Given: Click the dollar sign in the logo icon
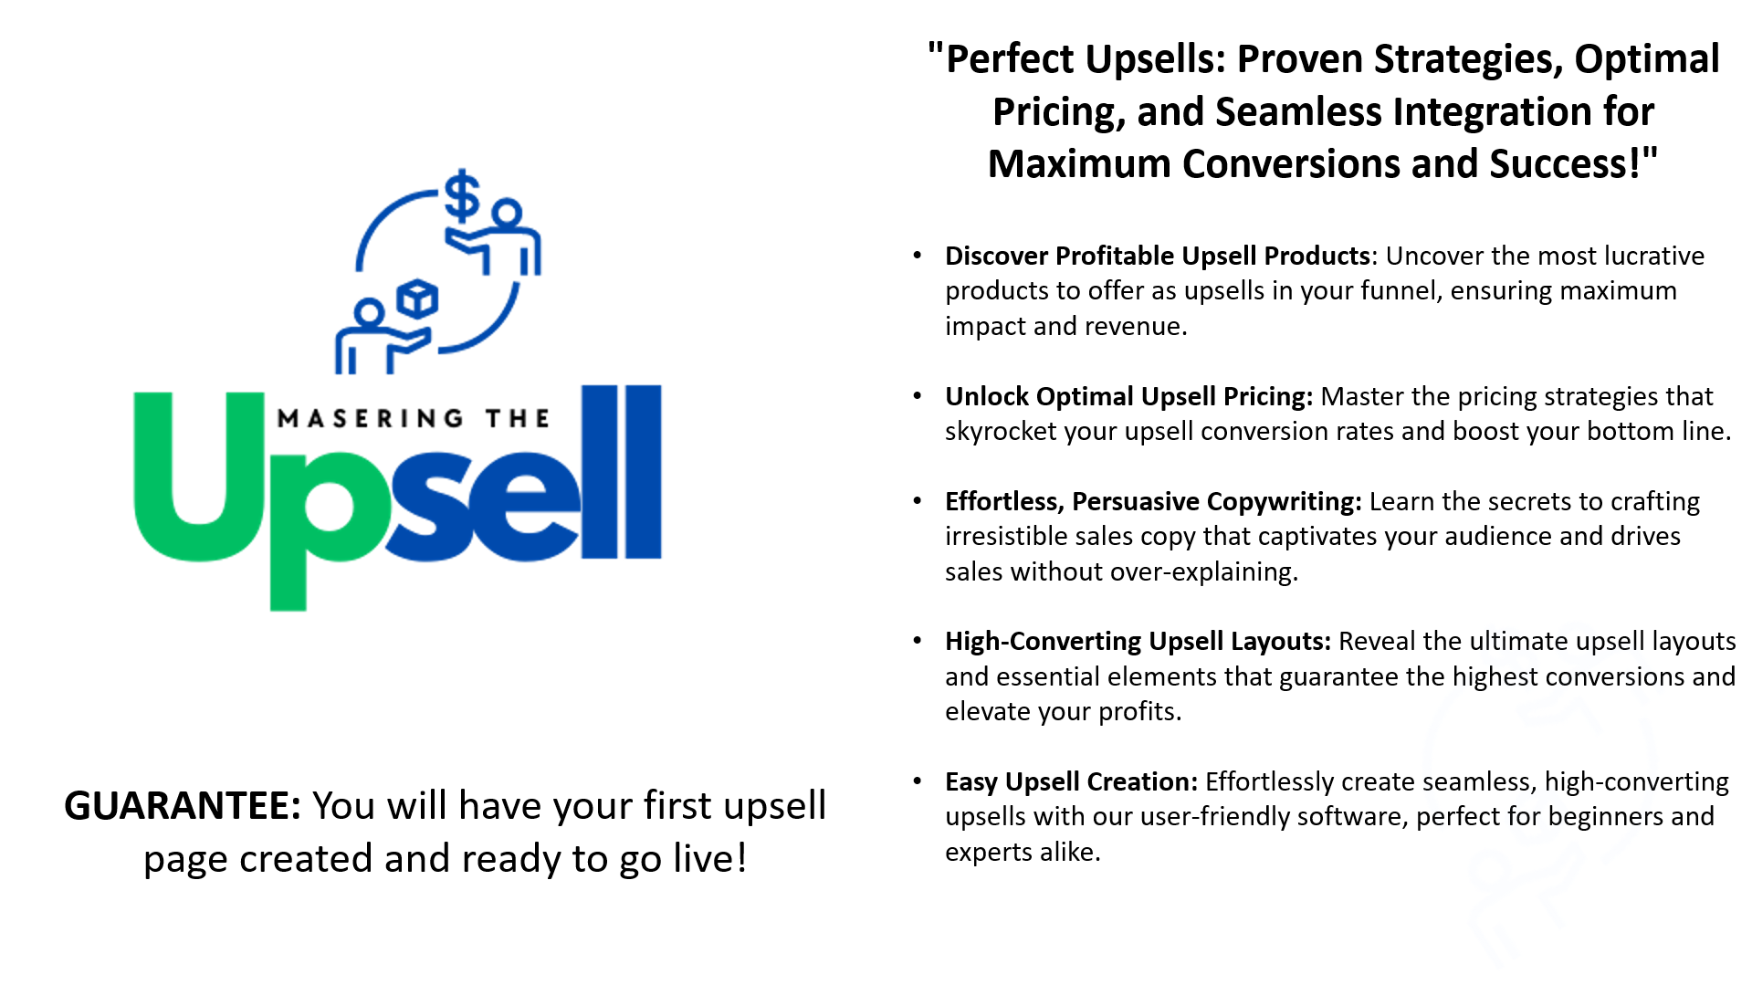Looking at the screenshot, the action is pos(463,196).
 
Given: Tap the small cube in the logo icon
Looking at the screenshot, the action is pos(418,299).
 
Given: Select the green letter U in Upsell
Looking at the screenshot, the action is pos(199,475).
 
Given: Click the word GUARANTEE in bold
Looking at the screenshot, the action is pos(183,806).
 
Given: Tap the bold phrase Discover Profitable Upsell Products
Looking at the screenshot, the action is pos(1158,256).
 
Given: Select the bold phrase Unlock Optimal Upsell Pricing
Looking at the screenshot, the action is pos(1128,396).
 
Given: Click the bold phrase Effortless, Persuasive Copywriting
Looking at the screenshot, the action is pos(1153,501).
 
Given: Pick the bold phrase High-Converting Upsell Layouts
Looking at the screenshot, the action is pos(1138,641).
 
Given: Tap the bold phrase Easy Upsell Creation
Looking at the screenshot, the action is pos(1071,781).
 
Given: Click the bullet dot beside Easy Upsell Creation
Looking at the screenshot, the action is pos(918,781).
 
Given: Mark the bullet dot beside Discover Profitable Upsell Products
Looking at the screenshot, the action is pos(918,255).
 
